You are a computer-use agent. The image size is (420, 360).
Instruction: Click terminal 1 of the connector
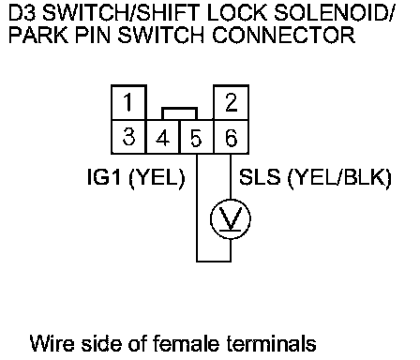[x=128, y=102]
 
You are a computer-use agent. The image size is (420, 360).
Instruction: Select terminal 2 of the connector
[x=231, y=102]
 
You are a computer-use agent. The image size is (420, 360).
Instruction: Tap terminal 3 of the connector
[x=128, y=137]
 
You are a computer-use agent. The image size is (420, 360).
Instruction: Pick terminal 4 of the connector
[x=163, y=137]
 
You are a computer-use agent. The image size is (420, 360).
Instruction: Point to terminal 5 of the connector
[x=197, y=137]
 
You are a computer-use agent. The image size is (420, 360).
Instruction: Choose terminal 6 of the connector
[x=231, y=137]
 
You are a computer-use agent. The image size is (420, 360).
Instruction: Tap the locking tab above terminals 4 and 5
[x=179, y=109]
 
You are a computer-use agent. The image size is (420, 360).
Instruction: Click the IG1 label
[x=104, y=177]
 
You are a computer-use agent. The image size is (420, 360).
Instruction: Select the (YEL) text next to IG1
[x=157, y=178]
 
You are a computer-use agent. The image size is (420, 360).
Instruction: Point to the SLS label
[x=260, y=177]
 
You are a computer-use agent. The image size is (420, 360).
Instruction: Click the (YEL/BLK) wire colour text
[x=339, y=178]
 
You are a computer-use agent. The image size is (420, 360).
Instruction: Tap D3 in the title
[x=22, y=13]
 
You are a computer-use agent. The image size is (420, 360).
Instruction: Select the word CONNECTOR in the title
[x=283, y=35]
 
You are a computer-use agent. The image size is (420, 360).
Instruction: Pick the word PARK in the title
[x=38, y=35]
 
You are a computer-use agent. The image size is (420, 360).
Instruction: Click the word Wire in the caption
[x=52, y=343]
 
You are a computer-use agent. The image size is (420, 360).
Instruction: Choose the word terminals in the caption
[x=271, y=343]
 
